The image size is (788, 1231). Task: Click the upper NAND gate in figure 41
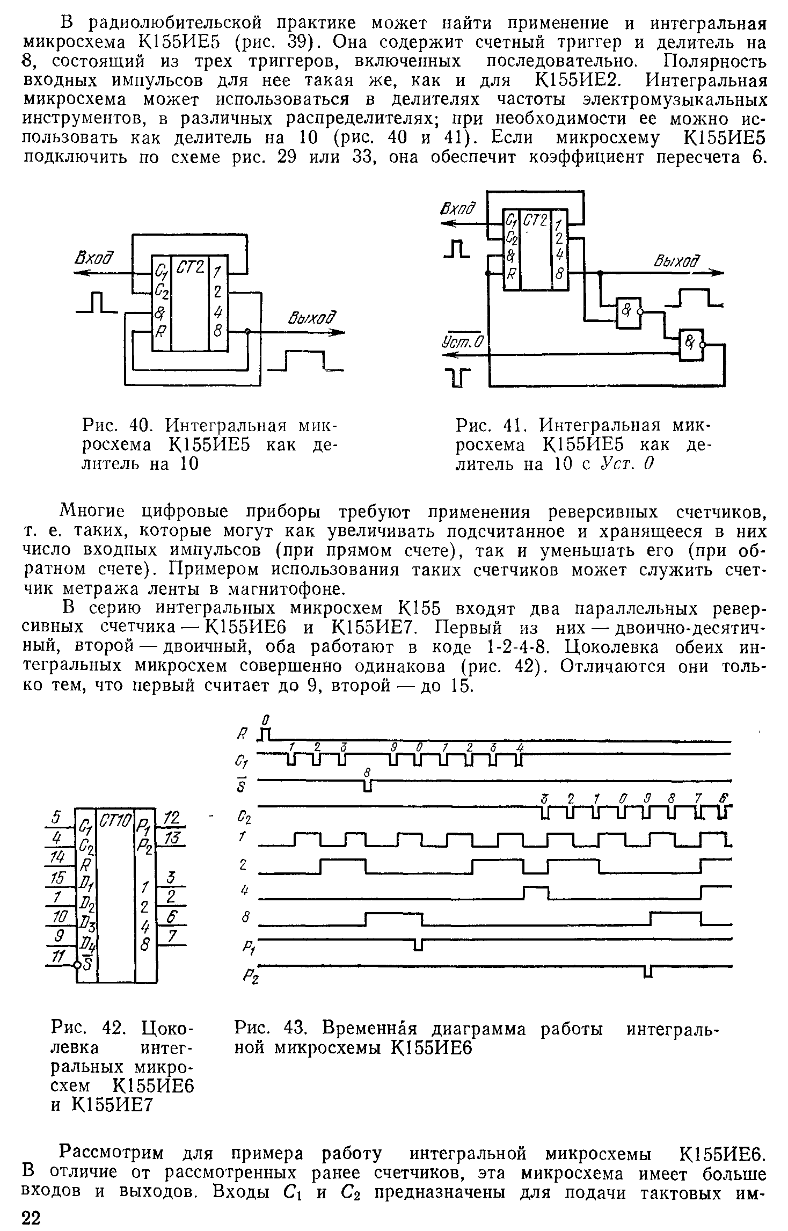point(629,313)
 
